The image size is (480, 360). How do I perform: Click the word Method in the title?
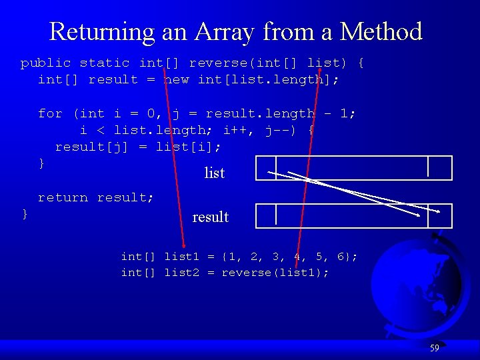click(x=381, y=31)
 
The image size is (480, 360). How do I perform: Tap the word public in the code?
click(x=45, y=63)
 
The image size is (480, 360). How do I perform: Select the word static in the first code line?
click(x=105, y=63)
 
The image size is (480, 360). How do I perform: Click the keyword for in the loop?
click(x=50, y=113)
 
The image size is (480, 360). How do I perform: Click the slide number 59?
click(x=434, y=348)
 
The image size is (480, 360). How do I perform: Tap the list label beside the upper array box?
click(x=214, y=173)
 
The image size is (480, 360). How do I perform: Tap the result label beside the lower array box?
click(x=210, y=217)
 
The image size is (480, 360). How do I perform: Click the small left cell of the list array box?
click(x=265, y=167)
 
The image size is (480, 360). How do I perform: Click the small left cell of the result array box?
click(x=265, y=215)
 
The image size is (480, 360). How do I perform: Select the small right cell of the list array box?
click(x=440, y=167)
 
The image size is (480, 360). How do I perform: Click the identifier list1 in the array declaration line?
click(x=181, y=257)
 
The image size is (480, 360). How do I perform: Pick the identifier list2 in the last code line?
click(x=181, y=273)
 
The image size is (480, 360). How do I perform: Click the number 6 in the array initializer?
click(x=342, y=257)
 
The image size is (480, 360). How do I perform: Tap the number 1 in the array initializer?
click(x=231, y=257)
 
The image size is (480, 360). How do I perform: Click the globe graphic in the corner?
click(x=413, y=287)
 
